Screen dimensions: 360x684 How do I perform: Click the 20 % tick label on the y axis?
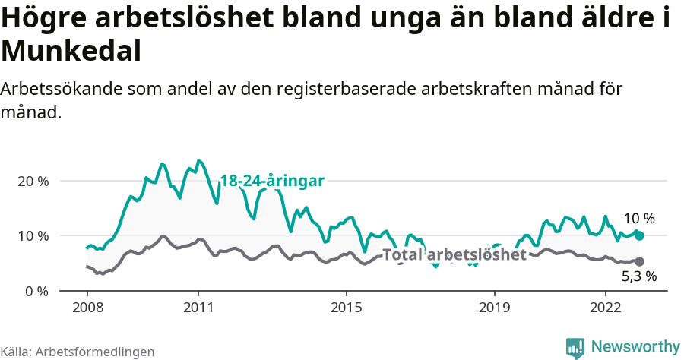point(32,182)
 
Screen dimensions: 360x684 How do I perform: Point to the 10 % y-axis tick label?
point(32,236)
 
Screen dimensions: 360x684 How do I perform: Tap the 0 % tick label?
point(36,291)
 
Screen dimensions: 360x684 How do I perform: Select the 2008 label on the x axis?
point(87,308)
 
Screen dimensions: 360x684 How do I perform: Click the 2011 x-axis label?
point(198,308)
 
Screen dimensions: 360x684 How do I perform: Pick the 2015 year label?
point(347,308)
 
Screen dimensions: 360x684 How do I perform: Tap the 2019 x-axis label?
point(495,308)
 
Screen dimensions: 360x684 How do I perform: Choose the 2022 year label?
point(606,308)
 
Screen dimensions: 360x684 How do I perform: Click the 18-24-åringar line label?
point(272,181)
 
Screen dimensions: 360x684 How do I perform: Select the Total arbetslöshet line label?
point(454,254)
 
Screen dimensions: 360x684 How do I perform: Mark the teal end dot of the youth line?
point(639,236)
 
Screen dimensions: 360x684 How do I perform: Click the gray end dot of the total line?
point(639,261)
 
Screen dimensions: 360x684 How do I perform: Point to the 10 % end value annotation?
point(638,219)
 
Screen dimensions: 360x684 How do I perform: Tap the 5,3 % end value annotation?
point(638,276)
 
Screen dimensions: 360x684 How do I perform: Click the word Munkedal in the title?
point(71,51)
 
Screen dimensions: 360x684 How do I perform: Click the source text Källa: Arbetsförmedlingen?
point(78,352)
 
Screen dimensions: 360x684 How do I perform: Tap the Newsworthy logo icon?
point(576,347)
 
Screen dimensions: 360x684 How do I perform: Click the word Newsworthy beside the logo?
point(635,347)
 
